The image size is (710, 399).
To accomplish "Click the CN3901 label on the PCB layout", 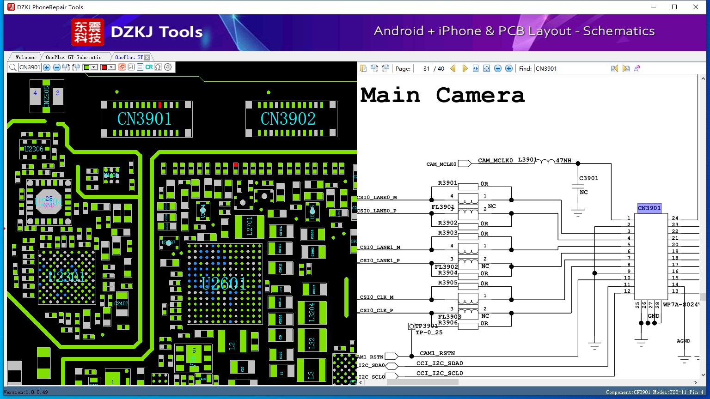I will click(x=144, y=119).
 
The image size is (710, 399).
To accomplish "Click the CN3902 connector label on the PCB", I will click(x=288, y=119).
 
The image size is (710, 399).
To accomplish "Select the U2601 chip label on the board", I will click(x=223, y=283).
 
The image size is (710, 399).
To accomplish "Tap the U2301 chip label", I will click(x=67, y=277).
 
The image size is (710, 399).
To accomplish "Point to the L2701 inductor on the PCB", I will click(x=249, y=226).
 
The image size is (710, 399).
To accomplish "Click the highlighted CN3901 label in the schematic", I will click(x=649, y=208).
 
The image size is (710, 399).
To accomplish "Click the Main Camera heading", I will click(x=442, y=95).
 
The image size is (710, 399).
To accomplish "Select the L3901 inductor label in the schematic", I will click(x=527, y=160).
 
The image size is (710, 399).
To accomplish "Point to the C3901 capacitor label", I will click(x=588, y=178).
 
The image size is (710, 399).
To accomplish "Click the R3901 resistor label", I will click(x=447, y=183).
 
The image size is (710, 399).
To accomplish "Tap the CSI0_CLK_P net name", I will click(x=376, y=311).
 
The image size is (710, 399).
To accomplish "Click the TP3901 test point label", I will click(x=426, y=326).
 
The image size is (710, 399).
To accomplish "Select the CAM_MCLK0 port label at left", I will click(x=441, y=164).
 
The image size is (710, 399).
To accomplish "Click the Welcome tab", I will click(x=25, y=57).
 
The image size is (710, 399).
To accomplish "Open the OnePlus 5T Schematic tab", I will click(x=73, y=57).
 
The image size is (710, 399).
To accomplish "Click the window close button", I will click(x=695, y=7).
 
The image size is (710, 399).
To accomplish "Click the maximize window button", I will click(x=674, y=7).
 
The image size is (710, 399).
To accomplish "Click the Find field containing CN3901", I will click(x=570, y=68).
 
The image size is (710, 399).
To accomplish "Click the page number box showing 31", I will click(x=422, y=68).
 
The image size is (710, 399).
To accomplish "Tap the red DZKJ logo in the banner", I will click(x=88, y=32).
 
